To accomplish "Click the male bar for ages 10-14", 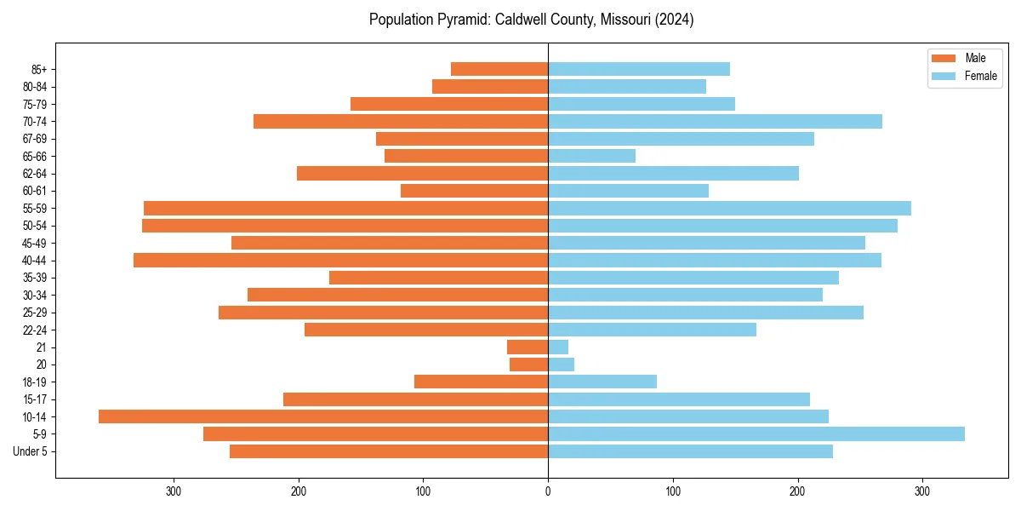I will (x=323, y=416).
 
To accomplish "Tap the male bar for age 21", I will (x=528, y=347).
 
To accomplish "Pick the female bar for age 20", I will (x=561, y=365).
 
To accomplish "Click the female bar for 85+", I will (x=638, y=69).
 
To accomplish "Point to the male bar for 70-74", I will (x=400, y=122).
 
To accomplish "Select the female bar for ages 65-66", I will (x=591, y=156).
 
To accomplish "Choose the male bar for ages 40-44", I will (x=340, y=261).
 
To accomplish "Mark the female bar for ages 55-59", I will (x=729, y=209).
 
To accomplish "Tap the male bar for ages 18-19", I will (x=481, y=382).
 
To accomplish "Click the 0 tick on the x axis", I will (x=548, y=491).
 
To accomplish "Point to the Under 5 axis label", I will (x=31, y=451).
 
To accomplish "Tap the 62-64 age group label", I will (x=36, y=174).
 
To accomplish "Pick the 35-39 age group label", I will (x=36, y=278).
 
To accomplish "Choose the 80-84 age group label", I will (x=36, y=87).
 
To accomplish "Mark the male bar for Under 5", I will (x=388, y=451).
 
